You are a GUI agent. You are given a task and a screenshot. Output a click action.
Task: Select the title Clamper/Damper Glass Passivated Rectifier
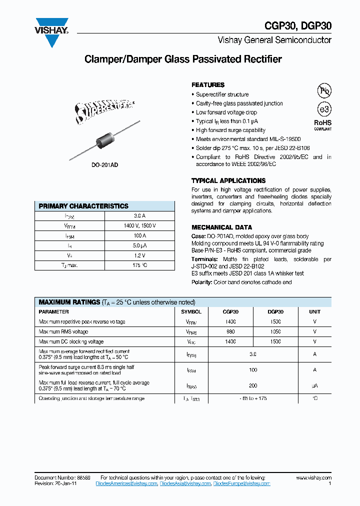click(x=183, y=59)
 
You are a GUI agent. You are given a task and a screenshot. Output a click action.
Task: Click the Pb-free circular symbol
click(x=324, y=90)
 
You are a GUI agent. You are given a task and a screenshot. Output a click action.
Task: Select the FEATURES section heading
click(x=208, y=85)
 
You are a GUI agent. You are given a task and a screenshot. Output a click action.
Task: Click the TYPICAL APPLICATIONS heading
click(x=228, y=180)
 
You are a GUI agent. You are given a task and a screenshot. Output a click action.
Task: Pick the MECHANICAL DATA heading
click(x=222, y=227)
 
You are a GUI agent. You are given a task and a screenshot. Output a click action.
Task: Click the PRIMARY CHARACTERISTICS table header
click(x=83, y=206)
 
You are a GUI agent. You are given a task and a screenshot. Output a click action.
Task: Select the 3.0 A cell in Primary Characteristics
click(x=139, y=216)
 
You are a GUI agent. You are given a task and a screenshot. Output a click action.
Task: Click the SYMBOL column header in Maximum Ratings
click(x=191, y=311)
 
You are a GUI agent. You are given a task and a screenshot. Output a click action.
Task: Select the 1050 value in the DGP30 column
click(x=275, y=331)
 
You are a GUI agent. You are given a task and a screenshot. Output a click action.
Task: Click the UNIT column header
click(x=315, y=311)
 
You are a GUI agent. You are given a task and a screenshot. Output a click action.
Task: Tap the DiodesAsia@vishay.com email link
click(x=185, y=484)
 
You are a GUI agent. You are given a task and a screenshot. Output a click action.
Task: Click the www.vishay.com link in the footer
click(x=313, y=478)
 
